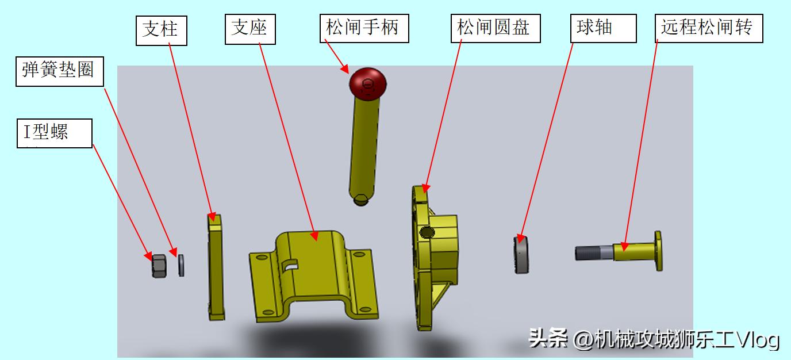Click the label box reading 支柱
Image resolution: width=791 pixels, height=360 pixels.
162,30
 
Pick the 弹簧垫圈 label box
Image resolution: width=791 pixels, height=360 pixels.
59,71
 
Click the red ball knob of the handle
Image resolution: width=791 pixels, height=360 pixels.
367,83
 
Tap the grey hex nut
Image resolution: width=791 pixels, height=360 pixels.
159,265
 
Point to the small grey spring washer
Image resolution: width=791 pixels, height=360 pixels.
182,265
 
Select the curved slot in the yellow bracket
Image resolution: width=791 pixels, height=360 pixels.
290,265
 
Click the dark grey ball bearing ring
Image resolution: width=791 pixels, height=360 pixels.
521,255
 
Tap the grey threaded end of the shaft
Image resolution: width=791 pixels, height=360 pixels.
592,252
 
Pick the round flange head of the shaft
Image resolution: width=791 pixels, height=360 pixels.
658,250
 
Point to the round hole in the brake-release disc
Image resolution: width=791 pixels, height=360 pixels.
427,232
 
